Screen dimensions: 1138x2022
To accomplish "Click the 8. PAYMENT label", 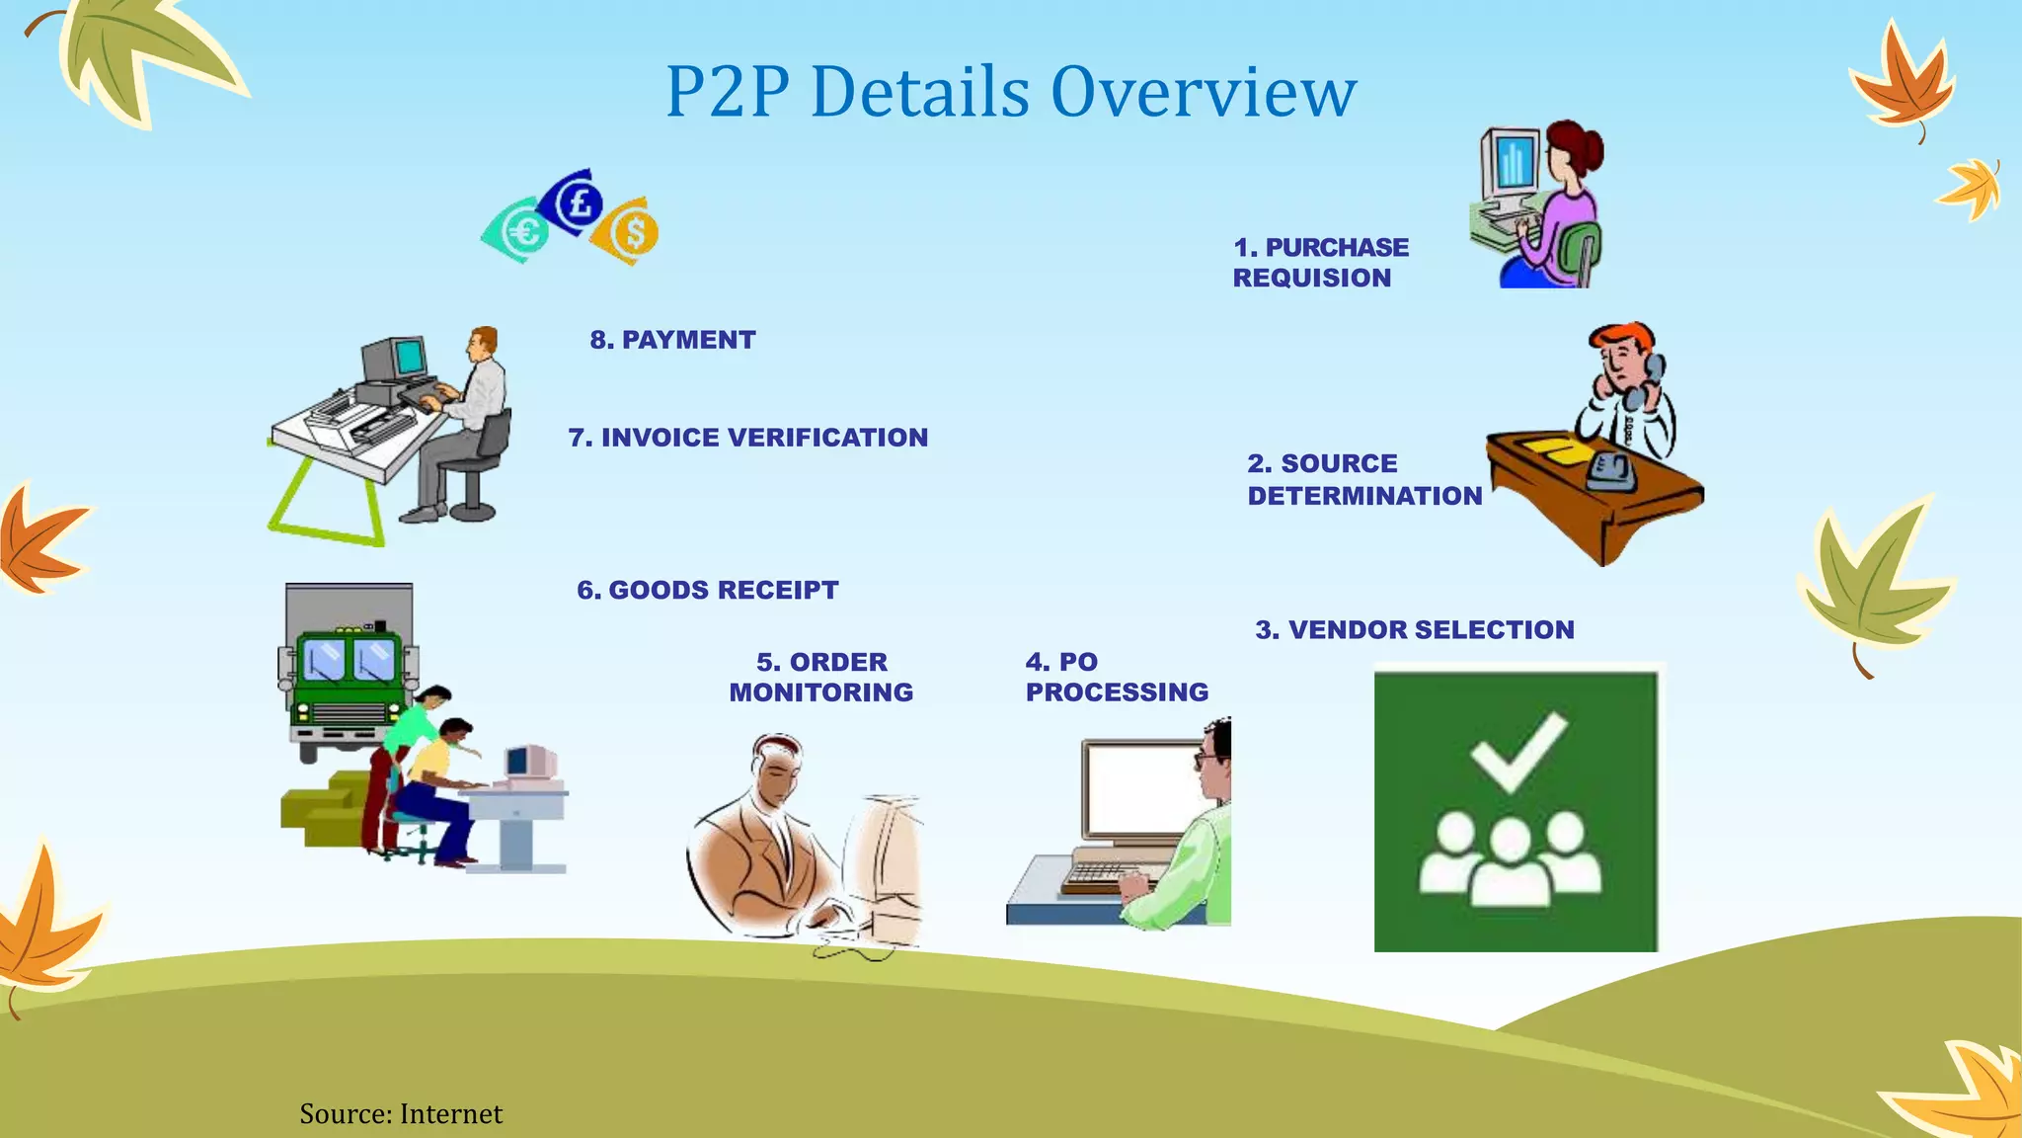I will [x=672, y=340].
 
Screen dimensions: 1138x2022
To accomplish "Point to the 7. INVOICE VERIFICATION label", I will [x=747, y=438].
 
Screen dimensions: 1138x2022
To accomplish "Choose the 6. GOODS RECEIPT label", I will [x=707, y=590].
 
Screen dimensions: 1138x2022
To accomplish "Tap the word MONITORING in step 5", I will [x=820, y=692].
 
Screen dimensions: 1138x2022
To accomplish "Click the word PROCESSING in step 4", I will [x=1117, y=692].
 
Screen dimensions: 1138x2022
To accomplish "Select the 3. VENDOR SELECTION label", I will [x=1414, y=629].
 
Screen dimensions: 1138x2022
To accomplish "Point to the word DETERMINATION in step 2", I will [x=1364, y=496].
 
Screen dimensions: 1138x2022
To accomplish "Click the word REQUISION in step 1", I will [x=1311, y=278].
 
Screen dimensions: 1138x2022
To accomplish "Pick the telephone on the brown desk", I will [x=1609, y=471].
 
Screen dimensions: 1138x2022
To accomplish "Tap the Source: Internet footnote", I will [x=401, y=1114].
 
